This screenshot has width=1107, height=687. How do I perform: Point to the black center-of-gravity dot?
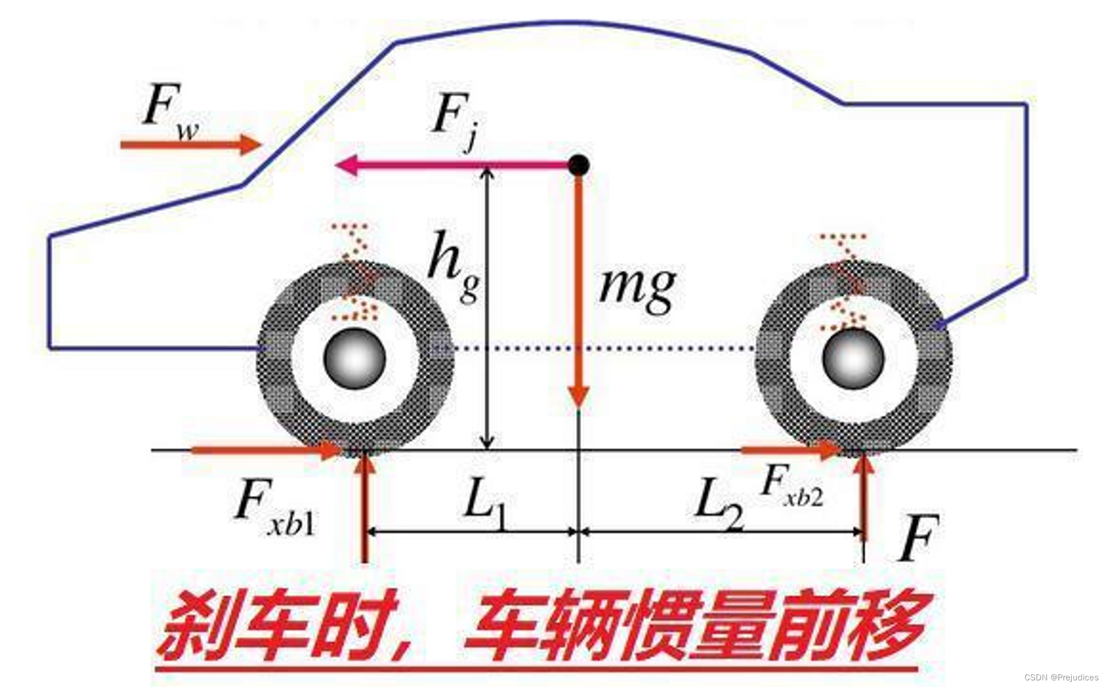click(x=579, y=165)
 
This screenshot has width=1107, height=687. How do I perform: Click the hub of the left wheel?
click(x=354, y=359)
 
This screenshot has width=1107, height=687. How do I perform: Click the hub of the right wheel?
click(x=853, y=359)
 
